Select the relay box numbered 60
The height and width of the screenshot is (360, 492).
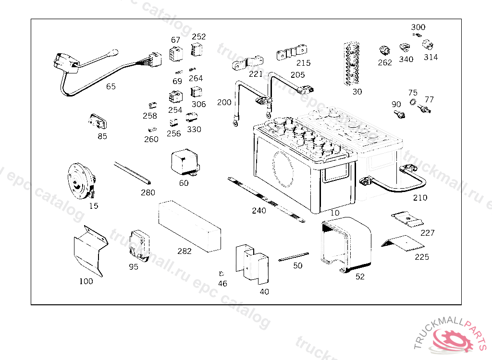[185, 162]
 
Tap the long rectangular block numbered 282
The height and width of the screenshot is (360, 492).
[189, 226]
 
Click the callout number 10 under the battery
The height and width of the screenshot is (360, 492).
[335, 213]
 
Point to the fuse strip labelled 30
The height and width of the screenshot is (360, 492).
[352, 64]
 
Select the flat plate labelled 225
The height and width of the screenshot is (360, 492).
[402, 243]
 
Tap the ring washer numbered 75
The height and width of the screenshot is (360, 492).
[413, 102]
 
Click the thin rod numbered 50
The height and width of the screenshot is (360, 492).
[294, 257]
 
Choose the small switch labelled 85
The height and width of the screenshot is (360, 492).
[98, 122]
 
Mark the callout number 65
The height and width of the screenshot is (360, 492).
[111, 86]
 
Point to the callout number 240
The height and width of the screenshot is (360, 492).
[259, 210]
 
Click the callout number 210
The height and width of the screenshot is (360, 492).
[420, 197]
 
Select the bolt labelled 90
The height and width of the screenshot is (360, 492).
[399, 114]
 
